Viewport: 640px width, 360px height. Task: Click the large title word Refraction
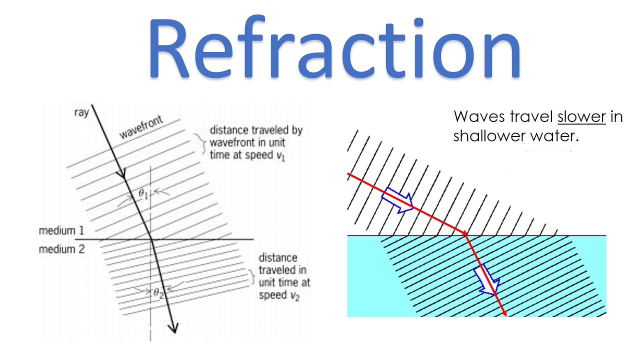point(334,50)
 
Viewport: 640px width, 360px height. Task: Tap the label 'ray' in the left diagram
point(81,112)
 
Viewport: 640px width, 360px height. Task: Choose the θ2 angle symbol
point(158,292)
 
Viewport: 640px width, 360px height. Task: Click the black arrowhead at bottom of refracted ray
point(173,327)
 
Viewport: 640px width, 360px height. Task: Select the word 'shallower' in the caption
point(489,135)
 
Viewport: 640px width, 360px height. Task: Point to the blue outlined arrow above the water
point(397,202)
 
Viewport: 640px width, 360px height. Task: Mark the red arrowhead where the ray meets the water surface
point(464,233)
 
